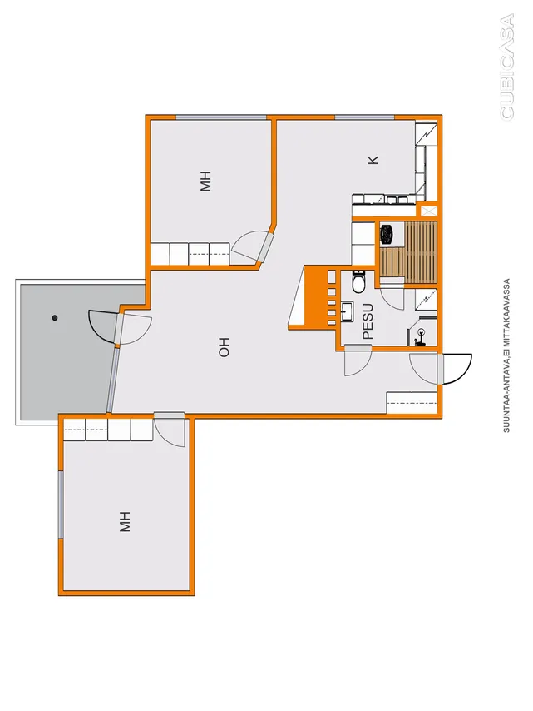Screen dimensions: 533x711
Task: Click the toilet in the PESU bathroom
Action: coord(358,281)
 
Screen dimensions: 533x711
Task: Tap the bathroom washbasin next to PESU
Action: coord(348,311)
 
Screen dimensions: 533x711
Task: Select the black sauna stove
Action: coord(387,234)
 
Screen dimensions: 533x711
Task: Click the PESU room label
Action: coord(368,321)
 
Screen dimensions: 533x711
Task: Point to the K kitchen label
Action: coord(373,160)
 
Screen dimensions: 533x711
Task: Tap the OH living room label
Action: coord(225,347)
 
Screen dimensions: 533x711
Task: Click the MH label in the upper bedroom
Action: coord(205,181)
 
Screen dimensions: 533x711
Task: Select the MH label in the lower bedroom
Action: coord(125,521)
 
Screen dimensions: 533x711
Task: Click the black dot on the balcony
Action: coord(55,318)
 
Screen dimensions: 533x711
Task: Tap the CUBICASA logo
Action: coord(507,67)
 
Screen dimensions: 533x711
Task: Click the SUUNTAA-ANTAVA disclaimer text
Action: coord(506,355)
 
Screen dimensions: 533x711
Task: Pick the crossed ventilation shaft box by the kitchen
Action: coord(429,211)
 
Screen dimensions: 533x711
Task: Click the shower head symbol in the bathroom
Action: coord(421,336)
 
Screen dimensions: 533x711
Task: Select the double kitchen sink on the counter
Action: coord(396,199)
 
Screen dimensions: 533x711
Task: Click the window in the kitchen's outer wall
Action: coord(364,118)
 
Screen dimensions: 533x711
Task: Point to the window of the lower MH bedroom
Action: coord(61,505)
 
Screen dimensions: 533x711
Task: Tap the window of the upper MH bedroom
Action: coord(221,118)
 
